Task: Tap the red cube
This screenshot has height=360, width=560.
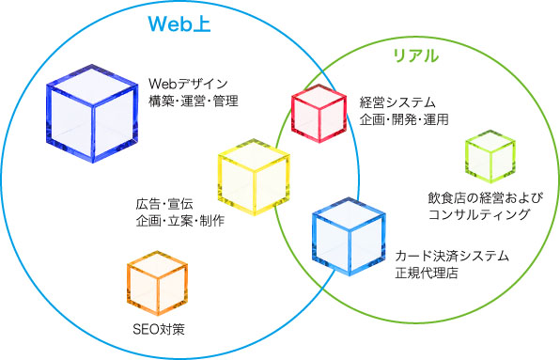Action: click(x=320, y=113)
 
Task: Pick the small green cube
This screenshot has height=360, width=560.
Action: click(x=490, y=157)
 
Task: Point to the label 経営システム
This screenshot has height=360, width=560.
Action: click(x=397, y=102)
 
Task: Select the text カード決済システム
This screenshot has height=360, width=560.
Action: click(x=452, y=256)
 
